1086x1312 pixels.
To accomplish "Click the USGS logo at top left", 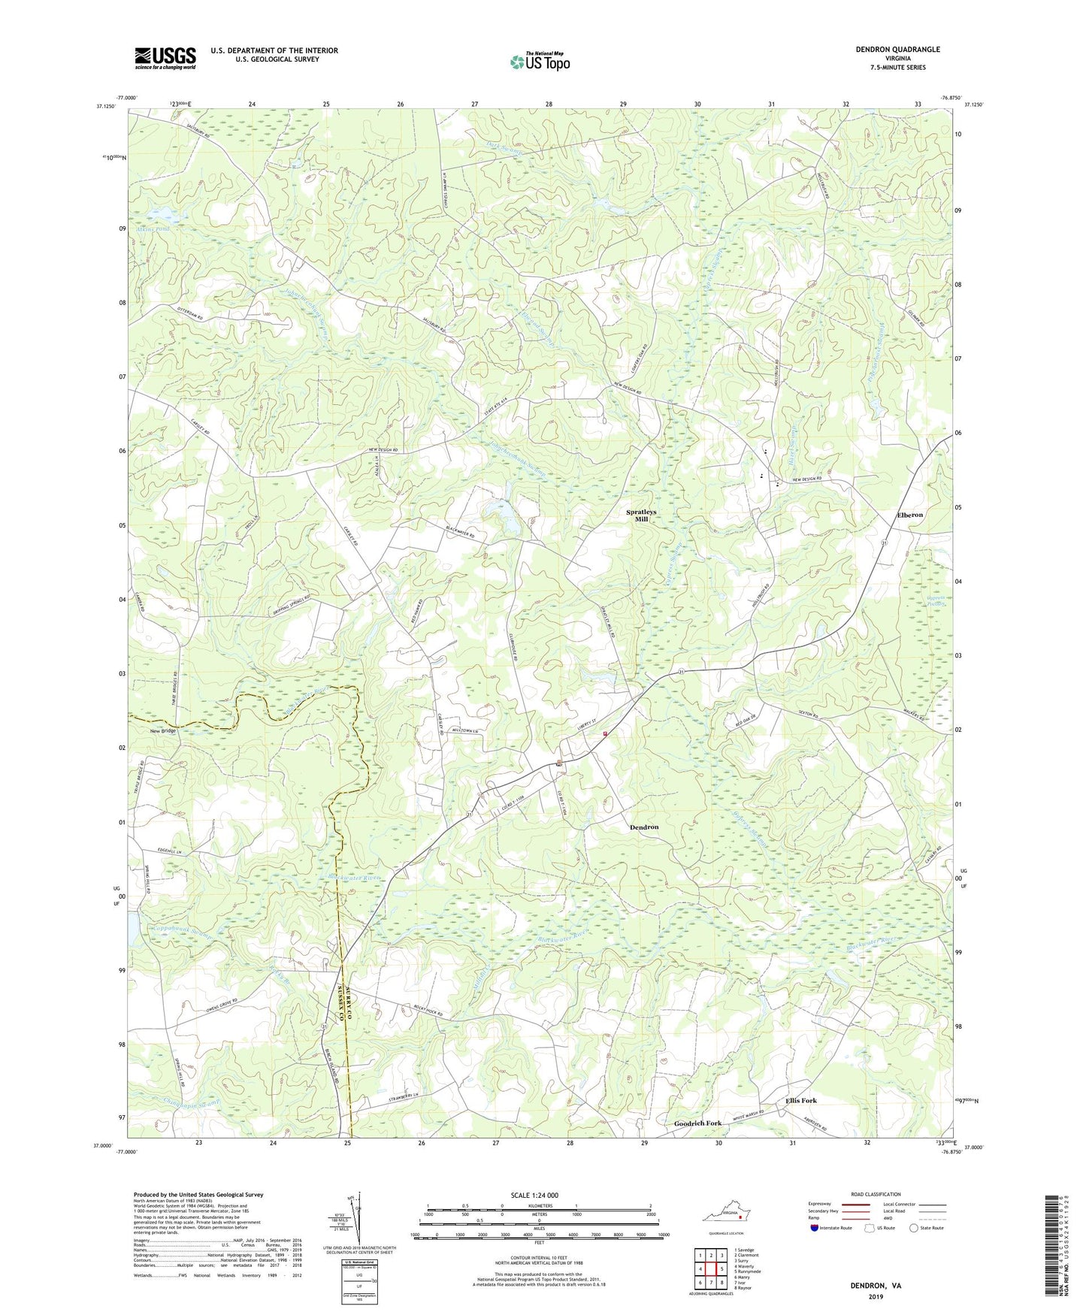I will tap(165, 58).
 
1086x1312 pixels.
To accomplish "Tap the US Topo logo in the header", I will tap(540, 62).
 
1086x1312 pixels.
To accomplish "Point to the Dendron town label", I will tap(643, 827).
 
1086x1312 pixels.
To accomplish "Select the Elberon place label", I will tap(909, 515).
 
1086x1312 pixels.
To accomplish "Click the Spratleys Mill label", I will tap(641, 515).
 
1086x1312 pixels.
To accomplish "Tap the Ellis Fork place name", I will tap(801, 1101).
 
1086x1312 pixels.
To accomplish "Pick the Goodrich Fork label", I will tap(694, 1123).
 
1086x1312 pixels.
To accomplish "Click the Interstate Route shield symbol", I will tap(815, 1228).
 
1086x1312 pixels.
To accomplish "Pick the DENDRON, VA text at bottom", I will tap(876, 1286).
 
